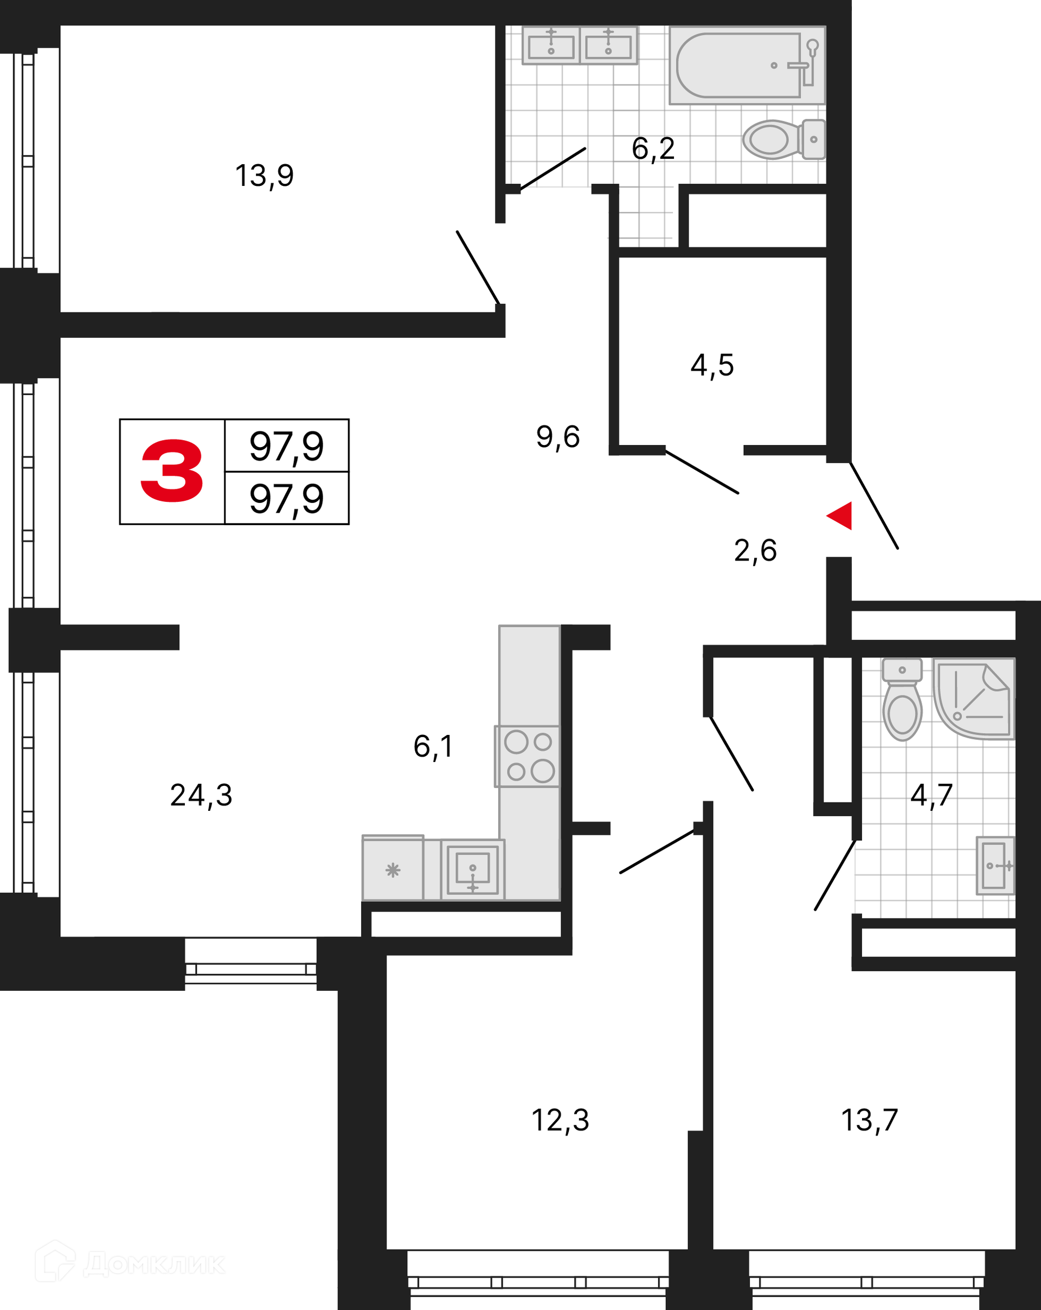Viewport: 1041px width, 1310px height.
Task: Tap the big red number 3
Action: tap(172, 471)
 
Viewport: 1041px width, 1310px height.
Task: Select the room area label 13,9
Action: tap(265, 176)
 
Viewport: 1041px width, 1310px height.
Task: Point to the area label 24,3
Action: tap(201, 795)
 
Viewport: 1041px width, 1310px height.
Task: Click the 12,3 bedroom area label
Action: tap(560, 1120)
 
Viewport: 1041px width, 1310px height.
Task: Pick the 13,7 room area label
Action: tap(870, 1120)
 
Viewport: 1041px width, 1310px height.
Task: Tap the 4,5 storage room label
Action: tap(712, 366)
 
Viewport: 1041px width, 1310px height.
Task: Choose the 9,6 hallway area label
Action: tap(558, 437)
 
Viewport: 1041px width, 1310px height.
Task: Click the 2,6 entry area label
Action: tap(755, 551)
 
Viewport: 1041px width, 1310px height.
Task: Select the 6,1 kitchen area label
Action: tap(433, 747)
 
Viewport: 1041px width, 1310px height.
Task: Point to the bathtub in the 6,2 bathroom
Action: tap(748, 65)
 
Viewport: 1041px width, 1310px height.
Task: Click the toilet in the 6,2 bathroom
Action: tap(784, 139)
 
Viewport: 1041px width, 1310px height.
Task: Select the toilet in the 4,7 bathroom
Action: tap(902, 699)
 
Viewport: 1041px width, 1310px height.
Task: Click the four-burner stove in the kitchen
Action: tap(528, 757)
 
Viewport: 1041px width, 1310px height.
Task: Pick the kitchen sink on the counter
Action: tap(473, 869)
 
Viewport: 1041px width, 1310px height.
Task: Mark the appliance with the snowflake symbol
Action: tap(393, 868)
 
